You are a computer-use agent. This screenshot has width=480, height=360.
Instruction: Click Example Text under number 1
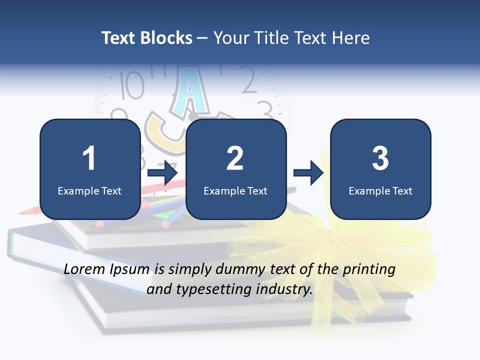pyautogui.click(x=89, y=190)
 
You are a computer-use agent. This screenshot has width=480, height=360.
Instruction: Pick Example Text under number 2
pyautogui.click(x=235, y=190)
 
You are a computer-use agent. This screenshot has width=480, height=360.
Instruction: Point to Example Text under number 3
pyautogui.click(x=380, y=190)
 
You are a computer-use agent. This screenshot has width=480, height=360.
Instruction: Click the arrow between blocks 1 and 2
pyautogui.click(x=163, y=173)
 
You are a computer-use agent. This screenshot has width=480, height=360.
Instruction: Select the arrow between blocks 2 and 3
pyautogui.click(x=308, y=173)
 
